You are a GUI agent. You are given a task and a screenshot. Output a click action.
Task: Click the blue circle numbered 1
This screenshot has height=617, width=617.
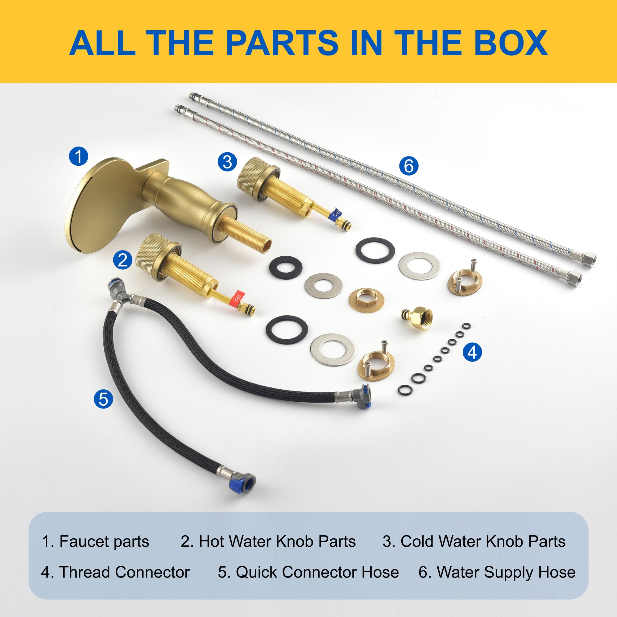(78, 156)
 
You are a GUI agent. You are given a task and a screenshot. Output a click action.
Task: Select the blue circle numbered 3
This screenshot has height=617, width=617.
(227, 162)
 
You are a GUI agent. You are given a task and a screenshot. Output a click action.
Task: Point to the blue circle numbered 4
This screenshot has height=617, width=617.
(472, 352)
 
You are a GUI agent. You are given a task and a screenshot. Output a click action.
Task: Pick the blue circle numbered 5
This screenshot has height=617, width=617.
(103, 399)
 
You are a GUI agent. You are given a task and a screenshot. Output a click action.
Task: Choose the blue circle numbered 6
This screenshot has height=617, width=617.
(409, 166)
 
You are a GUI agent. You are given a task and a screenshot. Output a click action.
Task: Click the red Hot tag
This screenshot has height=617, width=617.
(237, 298)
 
